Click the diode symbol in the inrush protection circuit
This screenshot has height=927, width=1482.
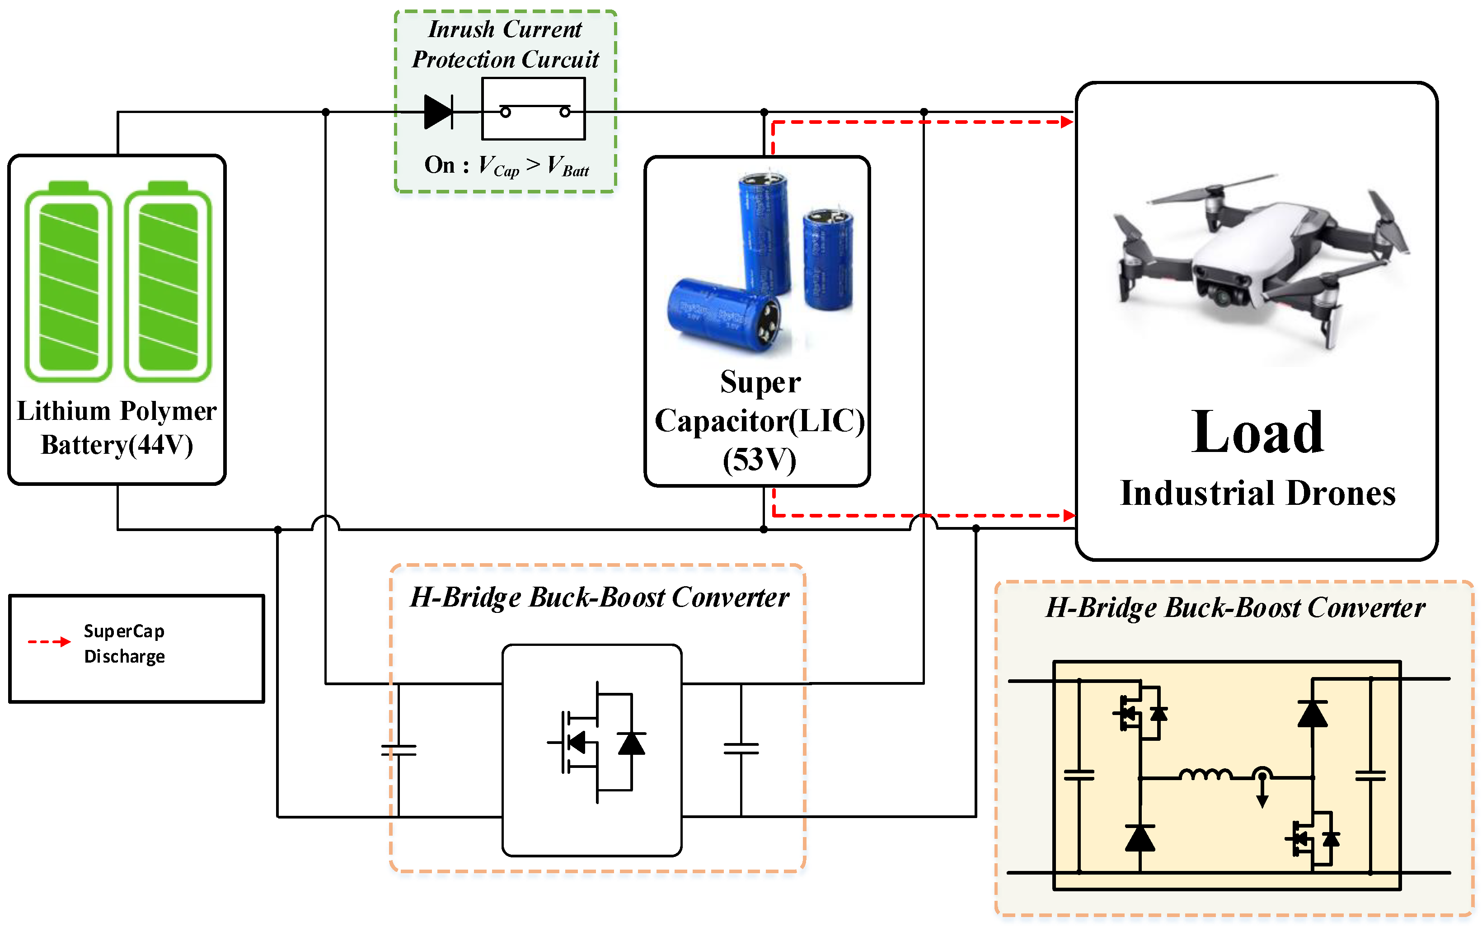click(x=438, y=112)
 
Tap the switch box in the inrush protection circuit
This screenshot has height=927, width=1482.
click(x=533, y=109)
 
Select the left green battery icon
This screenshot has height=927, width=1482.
click(x=68, y=282)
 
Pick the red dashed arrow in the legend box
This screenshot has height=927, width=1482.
click(x=49, y=642)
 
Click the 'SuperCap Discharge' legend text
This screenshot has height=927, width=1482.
click(x=124, y=644)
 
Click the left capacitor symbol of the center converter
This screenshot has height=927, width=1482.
click(x=399, y=750)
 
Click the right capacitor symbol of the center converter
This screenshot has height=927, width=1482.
click(x=741, y=748)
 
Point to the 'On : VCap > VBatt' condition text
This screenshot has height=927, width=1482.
click(x=506, y=165)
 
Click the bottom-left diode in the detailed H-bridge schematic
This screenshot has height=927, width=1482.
click(x=1140, y=838)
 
